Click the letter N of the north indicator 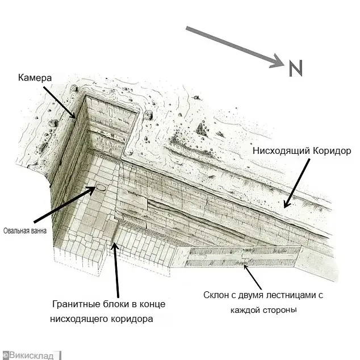(x=296, y=68)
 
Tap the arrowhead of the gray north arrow (x=277, y=61)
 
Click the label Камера (x=35, y=78)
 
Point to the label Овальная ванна (x=25, y=231)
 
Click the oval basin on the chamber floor (x=101, y=188)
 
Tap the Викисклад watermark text (x=31, y=355)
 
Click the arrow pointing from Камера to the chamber (x=59, y=102)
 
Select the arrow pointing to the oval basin (x=65, y=204)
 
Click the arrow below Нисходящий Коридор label (x=296, y=183)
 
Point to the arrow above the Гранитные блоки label (x=116, y=270)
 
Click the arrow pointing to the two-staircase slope (x=252, y=277)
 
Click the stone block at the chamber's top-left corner (x=74, y=88)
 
